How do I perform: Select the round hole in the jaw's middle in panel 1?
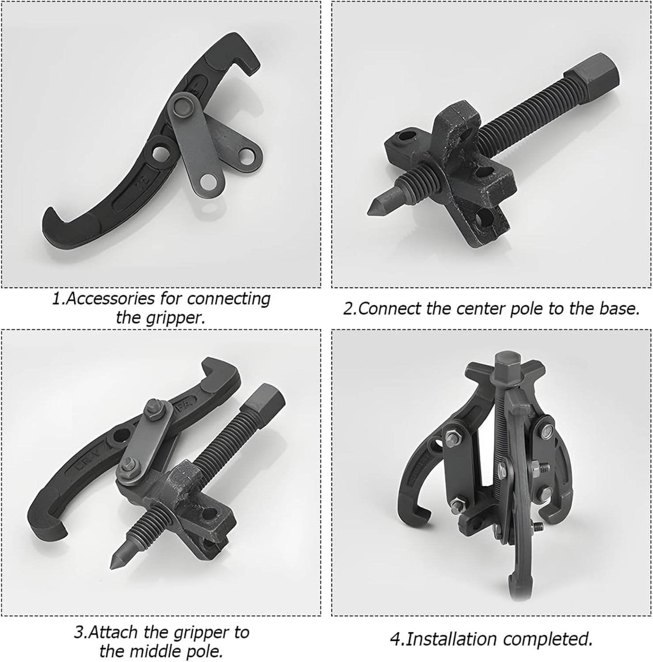(x=159, y=151)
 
